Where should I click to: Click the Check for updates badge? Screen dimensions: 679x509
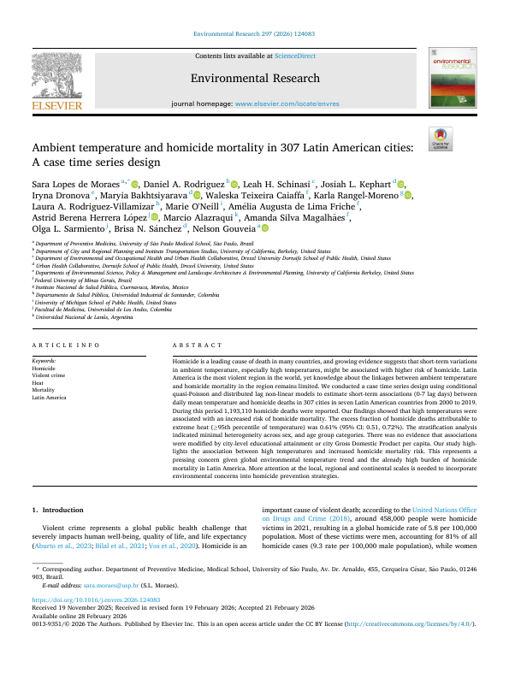(x=442, y=138)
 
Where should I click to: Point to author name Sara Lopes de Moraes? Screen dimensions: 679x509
(x=76, y=184)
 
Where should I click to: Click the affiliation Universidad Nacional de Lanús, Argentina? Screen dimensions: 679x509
(x=85, y=316)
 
